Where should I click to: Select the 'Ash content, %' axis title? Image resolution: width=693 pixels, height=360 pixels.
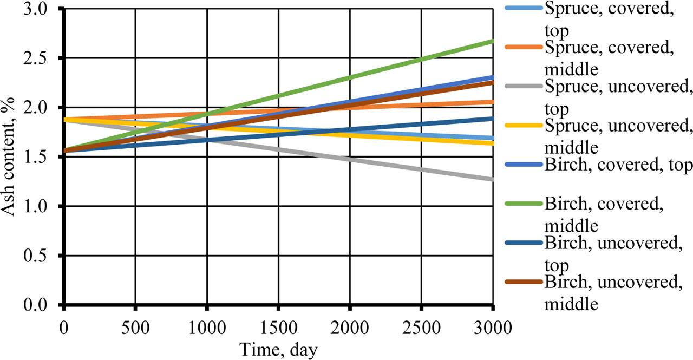12,157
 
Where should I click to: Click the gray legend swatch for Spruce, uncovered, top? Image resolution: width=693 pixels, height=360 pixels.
523,87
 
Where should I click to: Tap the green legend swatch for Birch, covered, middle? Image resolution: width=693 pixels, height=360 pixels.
523,204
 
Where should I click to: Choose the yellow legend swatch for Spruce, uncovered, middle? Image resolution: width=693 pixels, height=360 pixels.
523,126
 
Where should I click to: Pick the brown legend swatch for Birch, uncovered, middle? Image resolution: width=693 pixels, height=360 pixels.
523,282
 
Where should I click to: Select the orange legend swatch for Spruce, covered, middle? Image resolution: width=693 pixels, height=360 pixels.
523,48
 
